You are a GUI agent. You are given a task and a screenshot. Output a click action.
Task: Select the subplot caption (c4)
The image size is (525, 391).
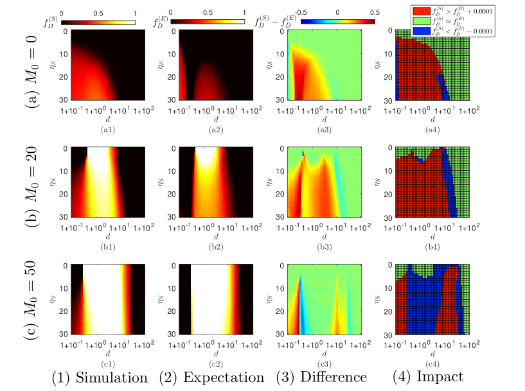pos(438,362)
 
